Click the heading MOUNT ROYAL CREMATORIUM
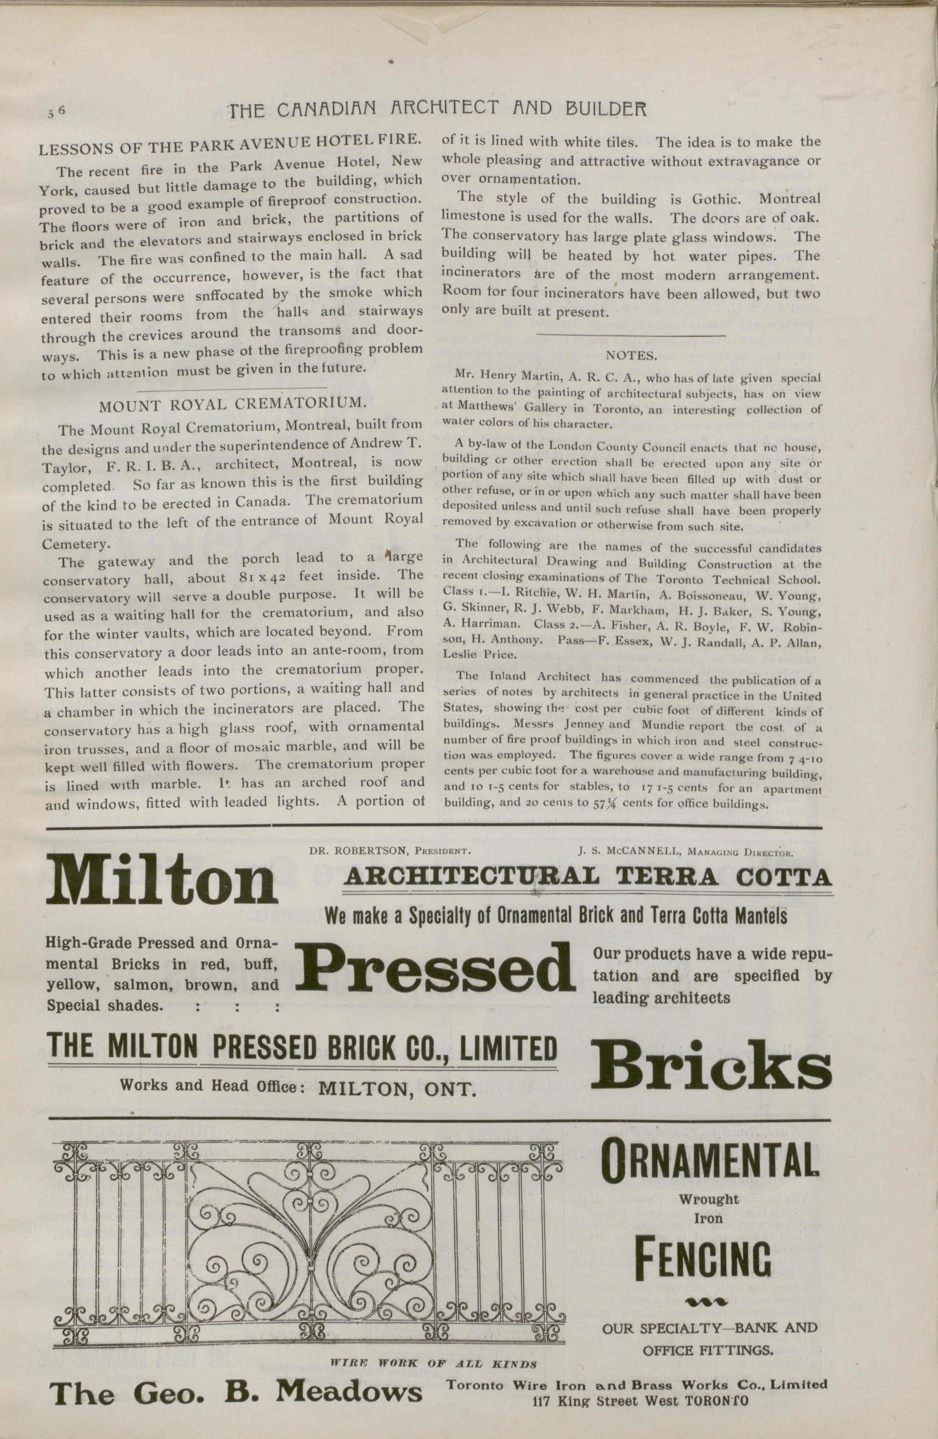tap(233, 404)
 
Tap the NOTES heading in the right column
tap(631, 355)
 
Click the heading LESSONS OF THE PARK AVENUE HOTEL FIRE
tap(230, 144)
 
